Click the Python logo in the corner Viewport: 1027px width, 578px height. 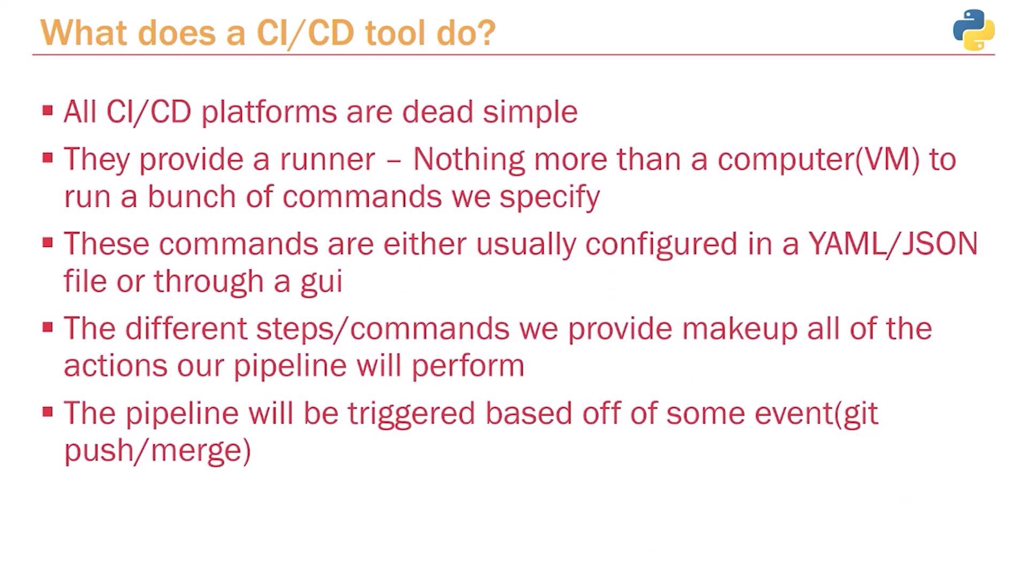point(974,30)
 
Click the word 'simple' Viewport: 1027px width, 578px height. point(530,113)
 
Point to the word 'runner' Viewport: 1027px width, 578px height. point(327,160)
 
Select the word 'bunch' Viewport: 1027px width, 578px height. point(191,196)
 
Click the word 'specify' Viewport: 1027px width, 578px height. point(549,198)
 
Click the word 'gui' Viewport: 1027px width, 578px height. point(321,283)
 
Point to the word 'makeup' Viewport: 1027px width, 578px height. point(740,330)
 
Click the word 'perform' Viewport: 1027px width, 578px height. point(467,368)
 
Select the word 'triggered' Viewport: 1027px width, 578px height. point(411,415)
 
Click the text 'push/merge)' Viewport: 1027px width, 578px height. point(158,451)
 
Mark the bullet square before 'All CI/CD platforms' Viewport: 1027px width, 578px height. point(48,111)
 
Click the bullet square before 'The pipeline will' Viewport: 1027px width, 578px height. point(48,412)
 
